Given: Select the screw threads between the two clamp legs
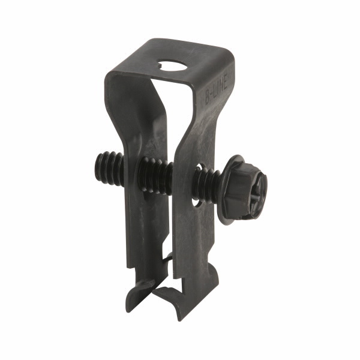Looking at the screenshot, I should pyautogui.click(x=155, y=174).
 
